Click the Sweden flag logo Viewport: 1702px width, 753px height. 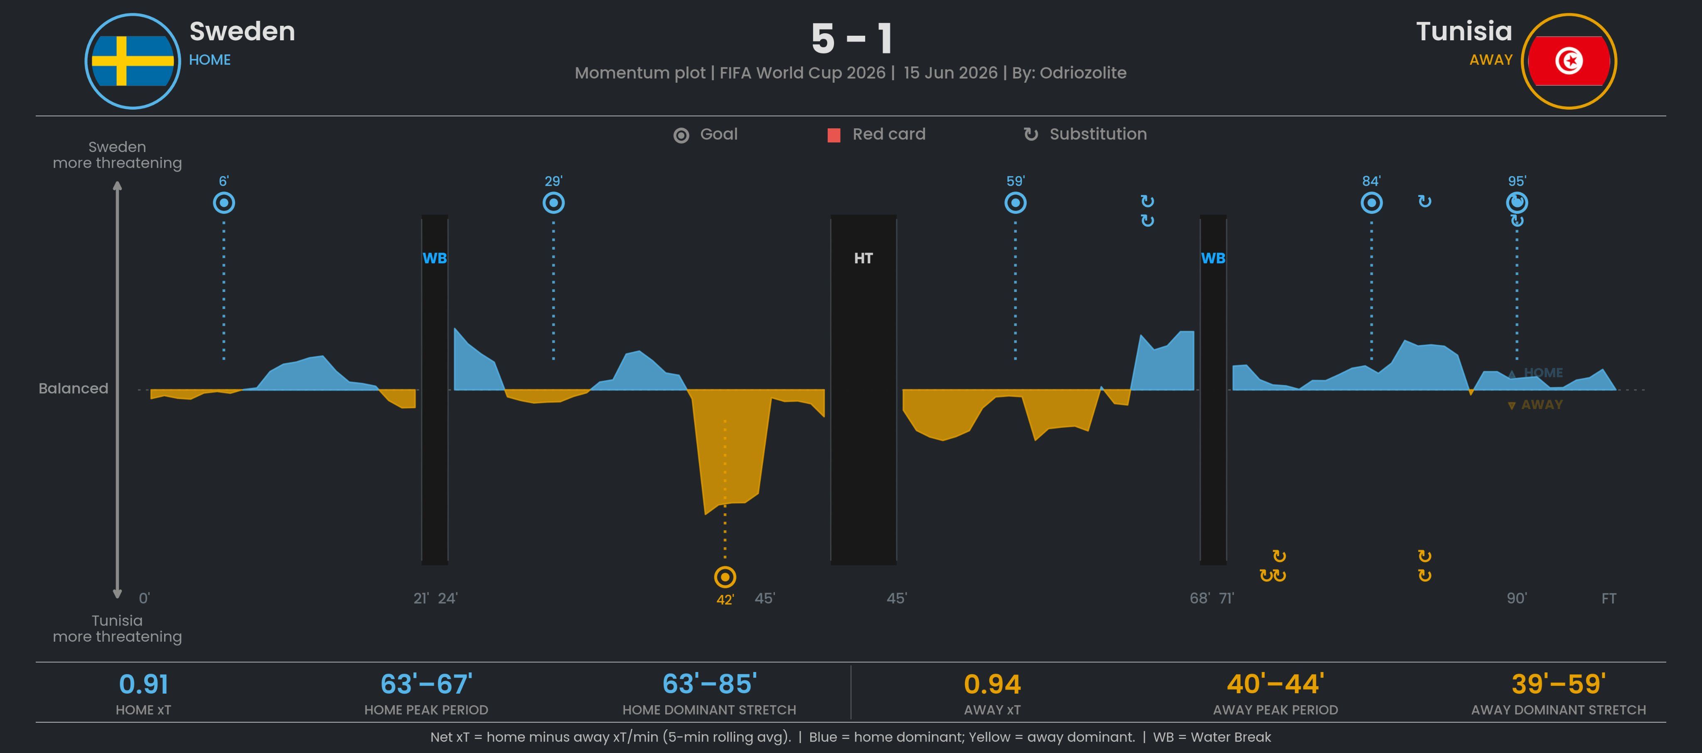point(133,61)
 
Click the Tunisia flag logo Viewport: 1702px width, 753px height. point(1569,61)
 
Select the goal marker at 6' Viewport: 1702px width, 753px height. point(224,203)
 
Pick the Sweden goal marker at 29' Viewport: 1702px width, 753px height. point(553,203)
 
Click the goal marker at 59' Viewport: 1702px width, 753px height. point(1016,203)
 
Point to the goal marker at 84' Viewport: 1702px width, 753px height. point(1372,203)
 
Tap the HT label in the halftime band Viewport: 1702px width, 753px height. point(863,258)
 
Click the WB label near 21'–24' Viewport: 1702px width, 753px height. point(435,258)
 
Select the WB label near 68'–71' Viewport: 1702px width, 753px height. point(1213,258)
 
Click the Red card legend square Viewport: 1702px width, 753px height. point(834,135)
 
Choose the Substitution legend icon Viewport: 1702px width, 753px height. point(1030,134)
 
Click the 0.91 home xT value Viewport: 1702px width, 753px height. point(143,684)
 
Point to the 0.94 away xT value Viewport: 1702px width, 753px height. point(992,684)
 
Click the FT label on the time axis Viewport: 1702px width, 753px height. point(1609,598)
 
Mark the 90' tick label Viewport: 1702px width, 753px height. point(1516,598)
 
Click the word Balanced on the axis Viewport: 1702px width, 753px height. point(73,388)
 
